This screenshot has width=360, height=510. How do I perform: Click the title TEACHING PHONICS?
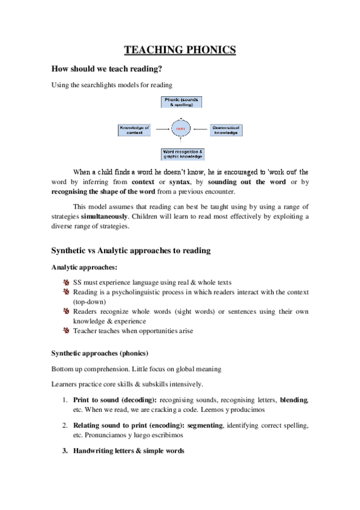180,50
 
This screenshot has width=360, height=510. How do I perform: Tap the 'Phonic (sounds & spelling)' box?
181,102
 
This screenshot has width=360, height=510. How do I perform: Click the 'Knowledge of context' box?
134,129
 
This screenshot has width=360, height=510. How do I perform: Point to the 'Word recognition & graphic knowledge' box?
181,154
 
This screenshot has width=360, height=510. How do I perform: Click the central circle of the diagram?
180,129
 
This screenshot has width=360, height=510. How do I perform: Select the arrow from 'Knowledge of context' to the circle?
160,129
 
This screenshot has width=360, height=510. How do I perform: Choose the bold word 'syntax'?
180,182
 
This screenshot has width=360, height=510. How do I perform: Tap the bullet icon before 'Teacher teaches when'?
66,331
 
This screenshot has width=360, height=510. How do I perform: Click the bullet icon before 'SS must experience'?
66,282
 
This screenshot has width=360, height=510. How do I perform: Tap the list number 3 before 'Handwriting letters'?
66,451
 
